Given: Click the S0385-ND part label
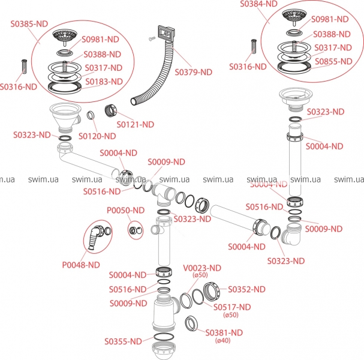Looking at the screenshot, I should tap(28, 25).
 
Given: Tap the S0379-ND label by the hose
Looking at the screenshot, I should tap(194, 71).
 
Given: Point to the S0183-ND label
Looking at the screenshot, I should tap(103, 81).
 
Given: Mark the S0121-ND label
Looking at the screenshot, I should tap(135, 124).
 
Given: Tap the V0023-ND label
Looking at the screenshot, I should tap(203, 268).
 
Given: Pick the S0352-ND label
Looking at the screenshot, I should tap(246, 289).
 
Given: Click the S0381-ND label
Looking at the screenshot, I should tap(225, 332).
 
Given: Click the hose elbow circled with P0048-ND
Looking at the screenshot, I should tap(94, 236).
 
